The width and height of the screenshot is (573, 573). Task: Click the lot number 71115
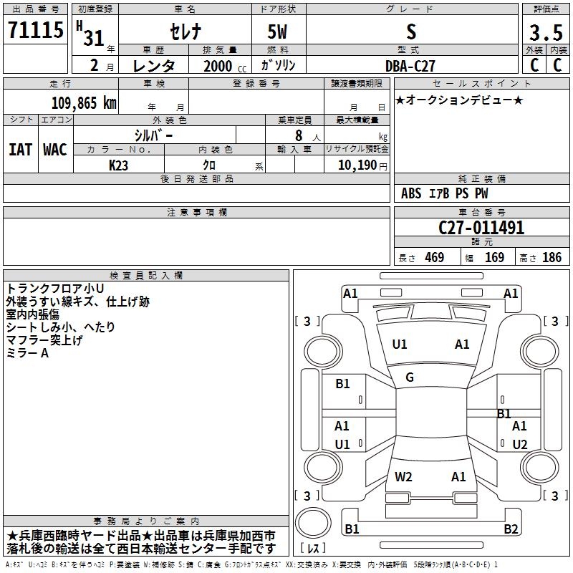coord(34,32)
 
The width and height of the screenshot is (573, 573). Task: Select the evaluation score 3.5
coord(545,32)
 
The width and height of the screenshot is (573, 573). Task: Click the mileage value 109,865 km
coord(84,102)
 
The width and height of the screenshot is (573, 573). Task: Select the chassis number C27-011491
coord(481,228)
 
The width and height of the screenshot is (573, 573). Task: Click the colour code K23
coord(119,165)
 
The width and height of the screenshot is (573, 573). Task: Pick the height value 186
coord(552,258)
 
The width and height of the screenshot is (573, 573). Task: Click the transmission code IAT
coord(20,149)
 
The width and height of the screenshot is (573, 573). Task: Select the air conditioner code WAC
coord(54,149)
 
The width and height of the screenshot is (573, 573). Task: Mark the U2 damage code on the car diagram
coord(520,445)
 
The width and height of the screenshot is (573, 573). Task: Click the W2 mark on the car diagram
coord(403,476)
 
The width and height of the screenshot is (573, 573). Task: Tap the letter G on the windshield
coord(410,377)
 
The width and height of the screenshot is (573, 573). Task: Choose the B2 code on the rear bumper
coord(511,529)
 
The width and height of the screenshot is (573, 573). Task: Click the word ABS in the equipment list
coord(411,193)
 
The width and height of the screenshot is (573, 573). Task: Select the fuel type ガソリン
coord(279,65)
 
